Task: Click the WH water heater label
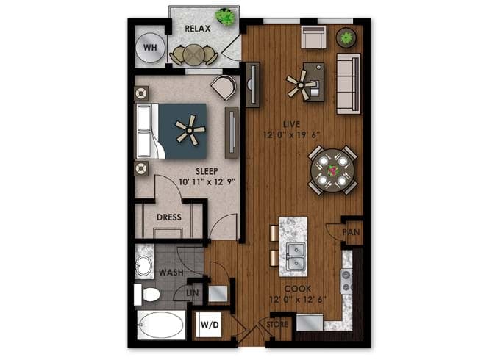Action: (150, 48)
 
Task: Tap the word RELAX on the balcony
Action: (198, 29)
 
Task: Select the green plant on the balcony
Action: (225, 16)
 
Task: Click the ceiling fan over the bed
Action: (190, 130)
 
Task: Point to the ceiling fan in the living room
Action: (302, 84)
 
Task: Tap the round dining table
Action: (332, 170)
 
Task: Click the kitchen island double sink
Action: (296, 256)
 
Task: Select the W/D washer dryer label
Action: (210, 325)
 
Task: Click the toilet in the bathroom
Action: (147, 295)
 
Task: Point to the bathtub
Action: (161, 325)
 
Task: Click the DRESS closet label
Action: (169, 217)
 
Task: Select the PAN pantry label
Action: (351, 232)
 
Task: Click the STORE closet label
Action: (277, 324)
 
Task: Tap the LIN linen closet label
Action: (193, 293)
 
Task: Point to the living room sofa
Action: (349, 84)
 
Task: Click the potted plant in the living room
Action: (346, 37)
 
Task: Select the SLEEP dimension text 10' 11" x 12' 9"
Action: (207, 182)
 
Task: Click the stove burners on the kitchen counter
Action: (346, 281)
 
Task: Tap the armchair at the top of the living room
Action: (313, 37)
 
